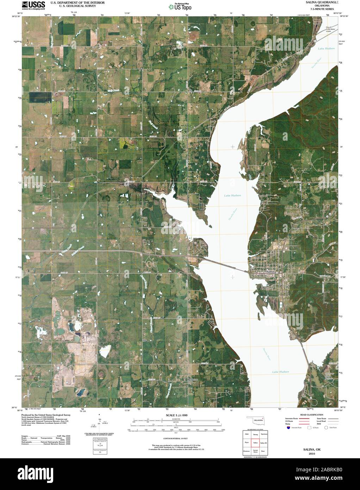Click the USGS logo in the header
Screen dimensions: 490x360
33,5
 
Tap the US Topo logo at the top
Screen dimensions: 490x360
180,6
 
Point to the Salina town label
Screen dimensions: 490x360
270,272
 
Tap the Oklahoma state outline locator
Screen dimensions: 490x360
256,421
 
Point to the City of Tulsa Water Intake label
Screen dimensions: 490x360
330,29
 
